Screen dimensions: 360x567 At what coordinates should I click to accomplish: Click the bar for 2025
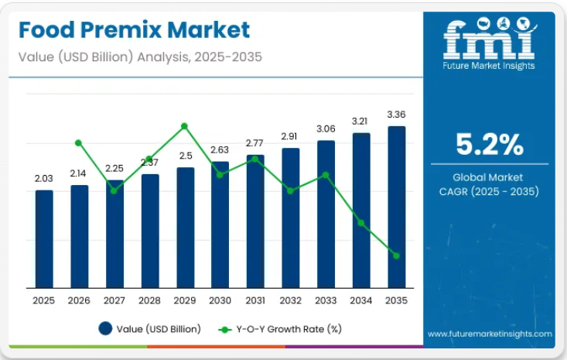[x=44, y=238]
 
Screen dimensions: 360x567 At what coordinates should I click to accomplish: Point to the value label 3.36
[x=396, y=115]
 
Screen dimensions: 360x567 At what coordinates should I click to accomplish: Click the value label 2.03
[x=44, y=178]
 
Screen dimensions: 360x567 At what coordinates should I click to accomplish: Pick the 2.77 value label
[x=255, y=143]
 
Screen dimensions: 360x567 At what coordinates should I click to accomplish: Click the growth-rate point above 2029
[x=184, y=125]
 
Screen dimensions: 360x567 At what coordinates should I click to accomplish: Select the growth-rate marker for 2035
[x=396, y=255]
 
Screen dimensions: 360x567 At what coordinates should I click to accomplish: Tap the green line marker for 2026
[x=78, y=142]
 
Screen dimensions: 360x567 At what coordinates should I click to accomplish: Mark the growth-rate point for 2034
[x=360, y=222]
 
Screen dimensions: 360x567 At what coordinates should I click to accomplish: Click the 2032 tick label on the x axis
[x=290, y=300]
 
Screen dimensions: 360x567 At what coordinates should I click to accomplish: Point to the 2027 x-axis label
[x=114, y=300]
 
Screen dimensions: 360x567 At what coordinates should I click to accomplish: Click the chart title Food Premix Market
[x=135, y=30]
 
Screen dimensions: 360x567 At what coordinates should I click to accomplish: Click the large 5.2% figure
[x=489, y=145]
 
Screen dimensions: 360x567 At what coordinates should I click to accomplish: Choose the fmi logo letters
[x=489, y=39]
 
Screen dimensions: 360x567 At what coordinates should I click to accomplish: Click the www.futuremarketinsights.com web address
[x=489, y=334]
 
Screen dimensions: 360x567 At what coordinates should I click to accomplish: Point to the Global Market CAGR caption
[x=489, y=184]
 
